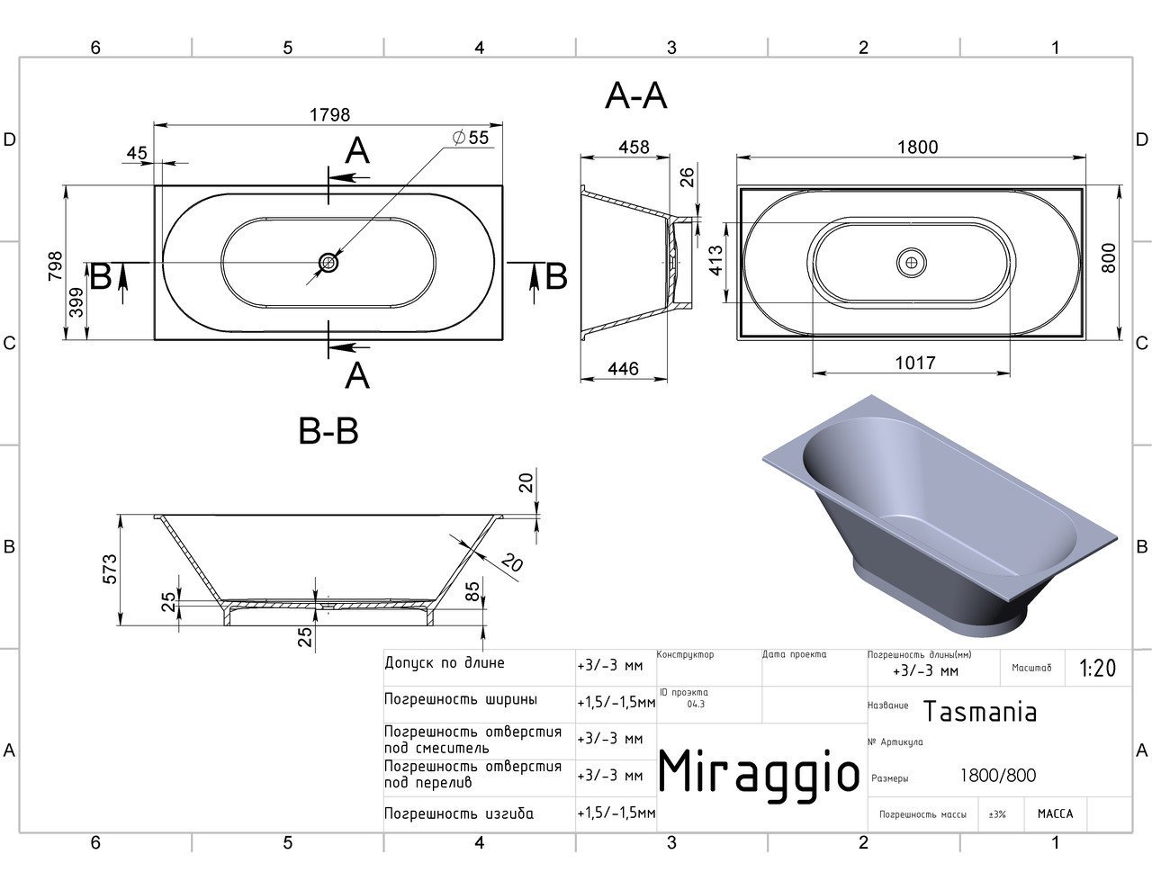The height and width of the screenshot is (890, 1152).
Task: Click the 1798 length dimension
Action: [329, 114]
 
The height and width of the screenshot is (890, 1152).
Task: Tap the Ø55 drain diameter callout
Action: [470, 138]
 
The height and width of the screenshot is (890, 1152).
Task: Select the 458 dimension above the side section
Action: [634, 147]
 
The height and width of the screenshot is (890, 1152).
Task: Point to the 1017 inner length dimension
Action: [915, 363]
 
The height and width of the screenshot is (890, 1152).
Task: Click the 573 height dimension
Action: [110, 570]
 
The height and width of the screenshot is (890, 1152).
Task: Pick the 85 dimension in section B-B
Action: [472, 591]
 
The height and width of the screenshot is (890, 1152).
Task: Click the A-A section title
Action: [635, 97]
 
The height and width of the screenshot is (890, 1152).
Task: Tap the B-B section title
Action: [328, 431]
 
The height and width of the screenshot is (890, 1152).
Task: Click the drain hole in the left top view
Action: [328, 263]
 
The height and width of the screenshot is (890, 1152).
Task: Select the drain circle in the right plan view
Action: [912, 263]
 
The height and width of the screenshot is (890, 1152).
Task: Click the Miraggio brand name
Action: [759, 773]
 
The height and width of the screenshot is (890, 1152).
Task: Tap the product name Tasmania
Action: [980, 711]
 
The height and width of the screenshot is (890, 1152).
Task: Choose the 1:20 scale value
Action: [1098, 669]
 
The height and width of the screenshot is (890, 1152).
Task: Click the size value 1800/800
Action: [998, 776]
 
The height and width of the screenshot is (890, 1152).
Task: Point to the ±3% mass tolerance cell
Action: [997, 814]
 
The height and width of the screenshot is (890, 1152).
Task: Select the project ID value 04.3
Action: [696, 705]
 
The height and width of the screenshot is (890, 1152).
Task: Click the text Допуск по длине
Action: [445, 663]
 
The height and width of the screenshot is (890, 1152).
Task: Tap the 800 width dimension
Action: [1109, 257]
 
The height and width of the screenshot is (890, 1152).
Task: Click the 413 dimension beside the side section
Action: [715, 260]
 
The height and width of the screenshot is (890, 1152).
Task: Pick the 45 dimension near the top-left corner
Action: [137, 153]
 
